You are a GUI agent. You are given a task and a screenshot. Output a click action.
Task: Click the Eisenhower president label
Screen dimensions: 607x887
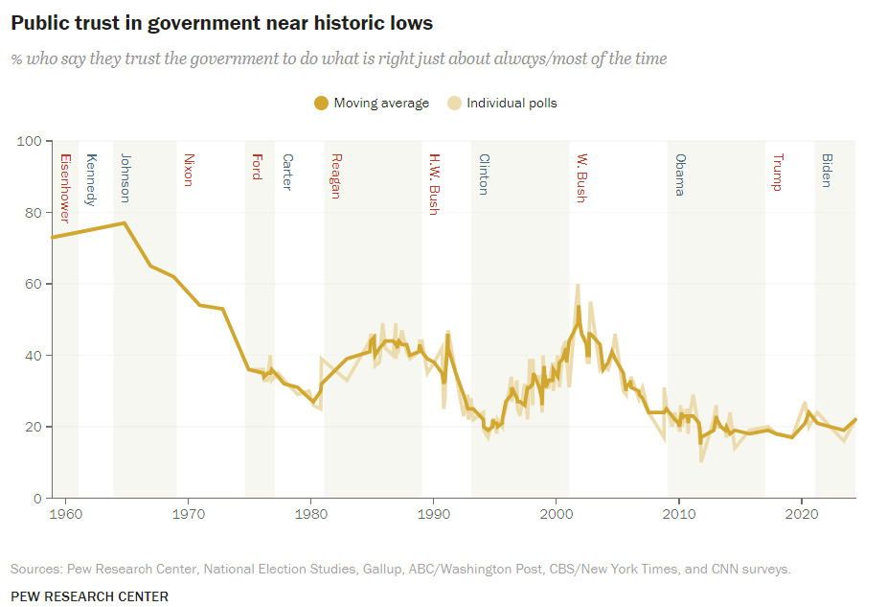tap(65, 188)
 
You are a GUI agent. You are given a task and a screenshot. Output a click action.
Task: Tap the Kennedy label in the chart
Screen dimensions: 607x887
tap(91, 179)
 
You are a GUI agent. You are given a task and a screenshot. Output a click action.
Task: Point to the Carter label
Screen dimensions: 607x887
tap(286, 173)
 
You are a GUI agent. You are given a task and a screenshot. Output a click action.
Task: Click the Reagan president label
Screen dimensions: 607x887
tap(335, 176)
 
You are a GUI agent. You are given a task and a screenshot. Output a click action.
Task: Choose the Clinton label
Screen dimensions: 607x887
tap(484, 175)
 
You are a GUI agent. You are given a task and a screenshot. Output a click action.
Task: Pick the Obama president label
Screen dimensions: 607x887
tap(680, 175)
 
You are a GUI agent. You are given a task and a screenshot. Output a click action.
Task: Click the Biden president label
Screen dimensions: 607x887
tap(827, 170)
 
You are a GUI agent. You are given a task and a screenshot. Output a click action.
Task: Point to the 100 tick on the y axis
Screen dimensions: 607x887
tap(31, 141)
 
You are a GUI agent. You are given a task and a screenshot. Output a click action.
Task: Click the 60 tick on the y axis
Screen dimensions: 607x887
tap(34, 284)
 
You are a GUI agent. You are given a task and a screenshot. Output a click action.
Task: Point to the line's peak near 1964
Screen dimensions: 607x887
tap(125, 222)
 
